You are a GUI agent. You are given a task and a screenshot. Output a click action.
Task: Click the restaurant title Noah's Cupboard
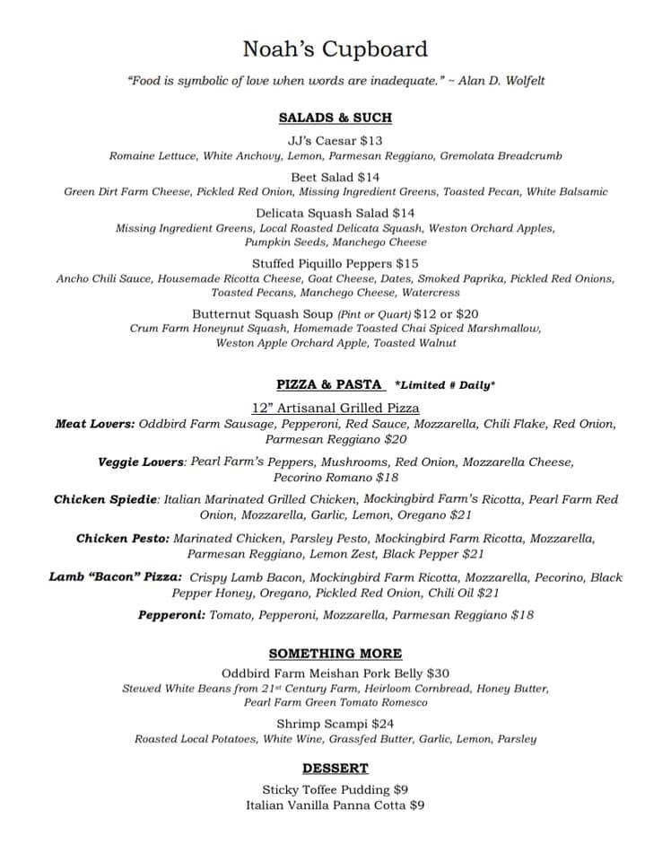(x=335, y=48)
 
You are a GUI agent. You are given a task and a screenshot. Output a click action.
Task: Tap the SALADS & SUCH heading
(x=335, y=118)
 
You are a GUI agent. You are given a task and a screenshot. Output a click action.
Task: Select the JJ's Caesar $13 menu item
(x=335, y=140)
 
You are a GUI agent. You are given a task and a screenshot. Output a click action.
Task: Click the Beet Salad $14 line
(x=335, y=177)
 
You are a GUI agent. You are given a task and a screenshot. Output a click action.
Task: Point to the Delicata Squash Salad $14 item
(x=335, y=213)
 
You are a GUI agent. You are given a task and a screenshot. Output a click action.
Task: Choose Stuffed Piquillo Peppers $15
(x=335, y=263)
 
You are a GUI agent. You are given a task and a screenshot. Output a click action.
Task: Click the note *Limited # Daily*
(x=445, y=385)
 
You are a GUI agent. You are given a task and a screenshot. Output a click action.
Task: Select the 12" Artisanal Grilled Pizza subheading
(x=335, y=408)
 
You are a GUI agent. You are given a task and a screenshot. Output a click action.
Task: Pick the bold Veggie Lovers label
(x=141, y=462)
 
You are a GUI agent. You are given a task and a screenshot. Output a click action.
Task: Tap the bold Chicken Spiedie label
(x=106, y=499)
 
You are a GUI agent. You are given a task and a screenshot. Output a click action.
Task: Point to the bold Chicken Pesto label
(x=122, y=538)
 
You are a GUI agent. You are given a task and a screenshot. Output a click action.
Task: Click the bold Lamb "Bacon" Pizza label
(x=115, y=577)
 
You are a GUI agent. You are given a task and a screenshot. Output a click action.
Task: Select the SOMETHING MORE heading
(x=335, y=654)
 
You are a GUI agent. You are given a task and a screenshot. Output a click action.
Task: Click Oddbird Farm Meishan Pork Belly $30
(x=335, y=673)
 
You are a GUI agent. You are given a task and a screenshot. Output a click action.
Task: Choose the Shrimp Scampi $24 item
(x=335, y=723)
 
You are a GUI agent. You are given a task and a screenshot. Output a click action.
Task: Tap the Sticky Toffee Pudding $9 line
(x=335, y=789)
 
